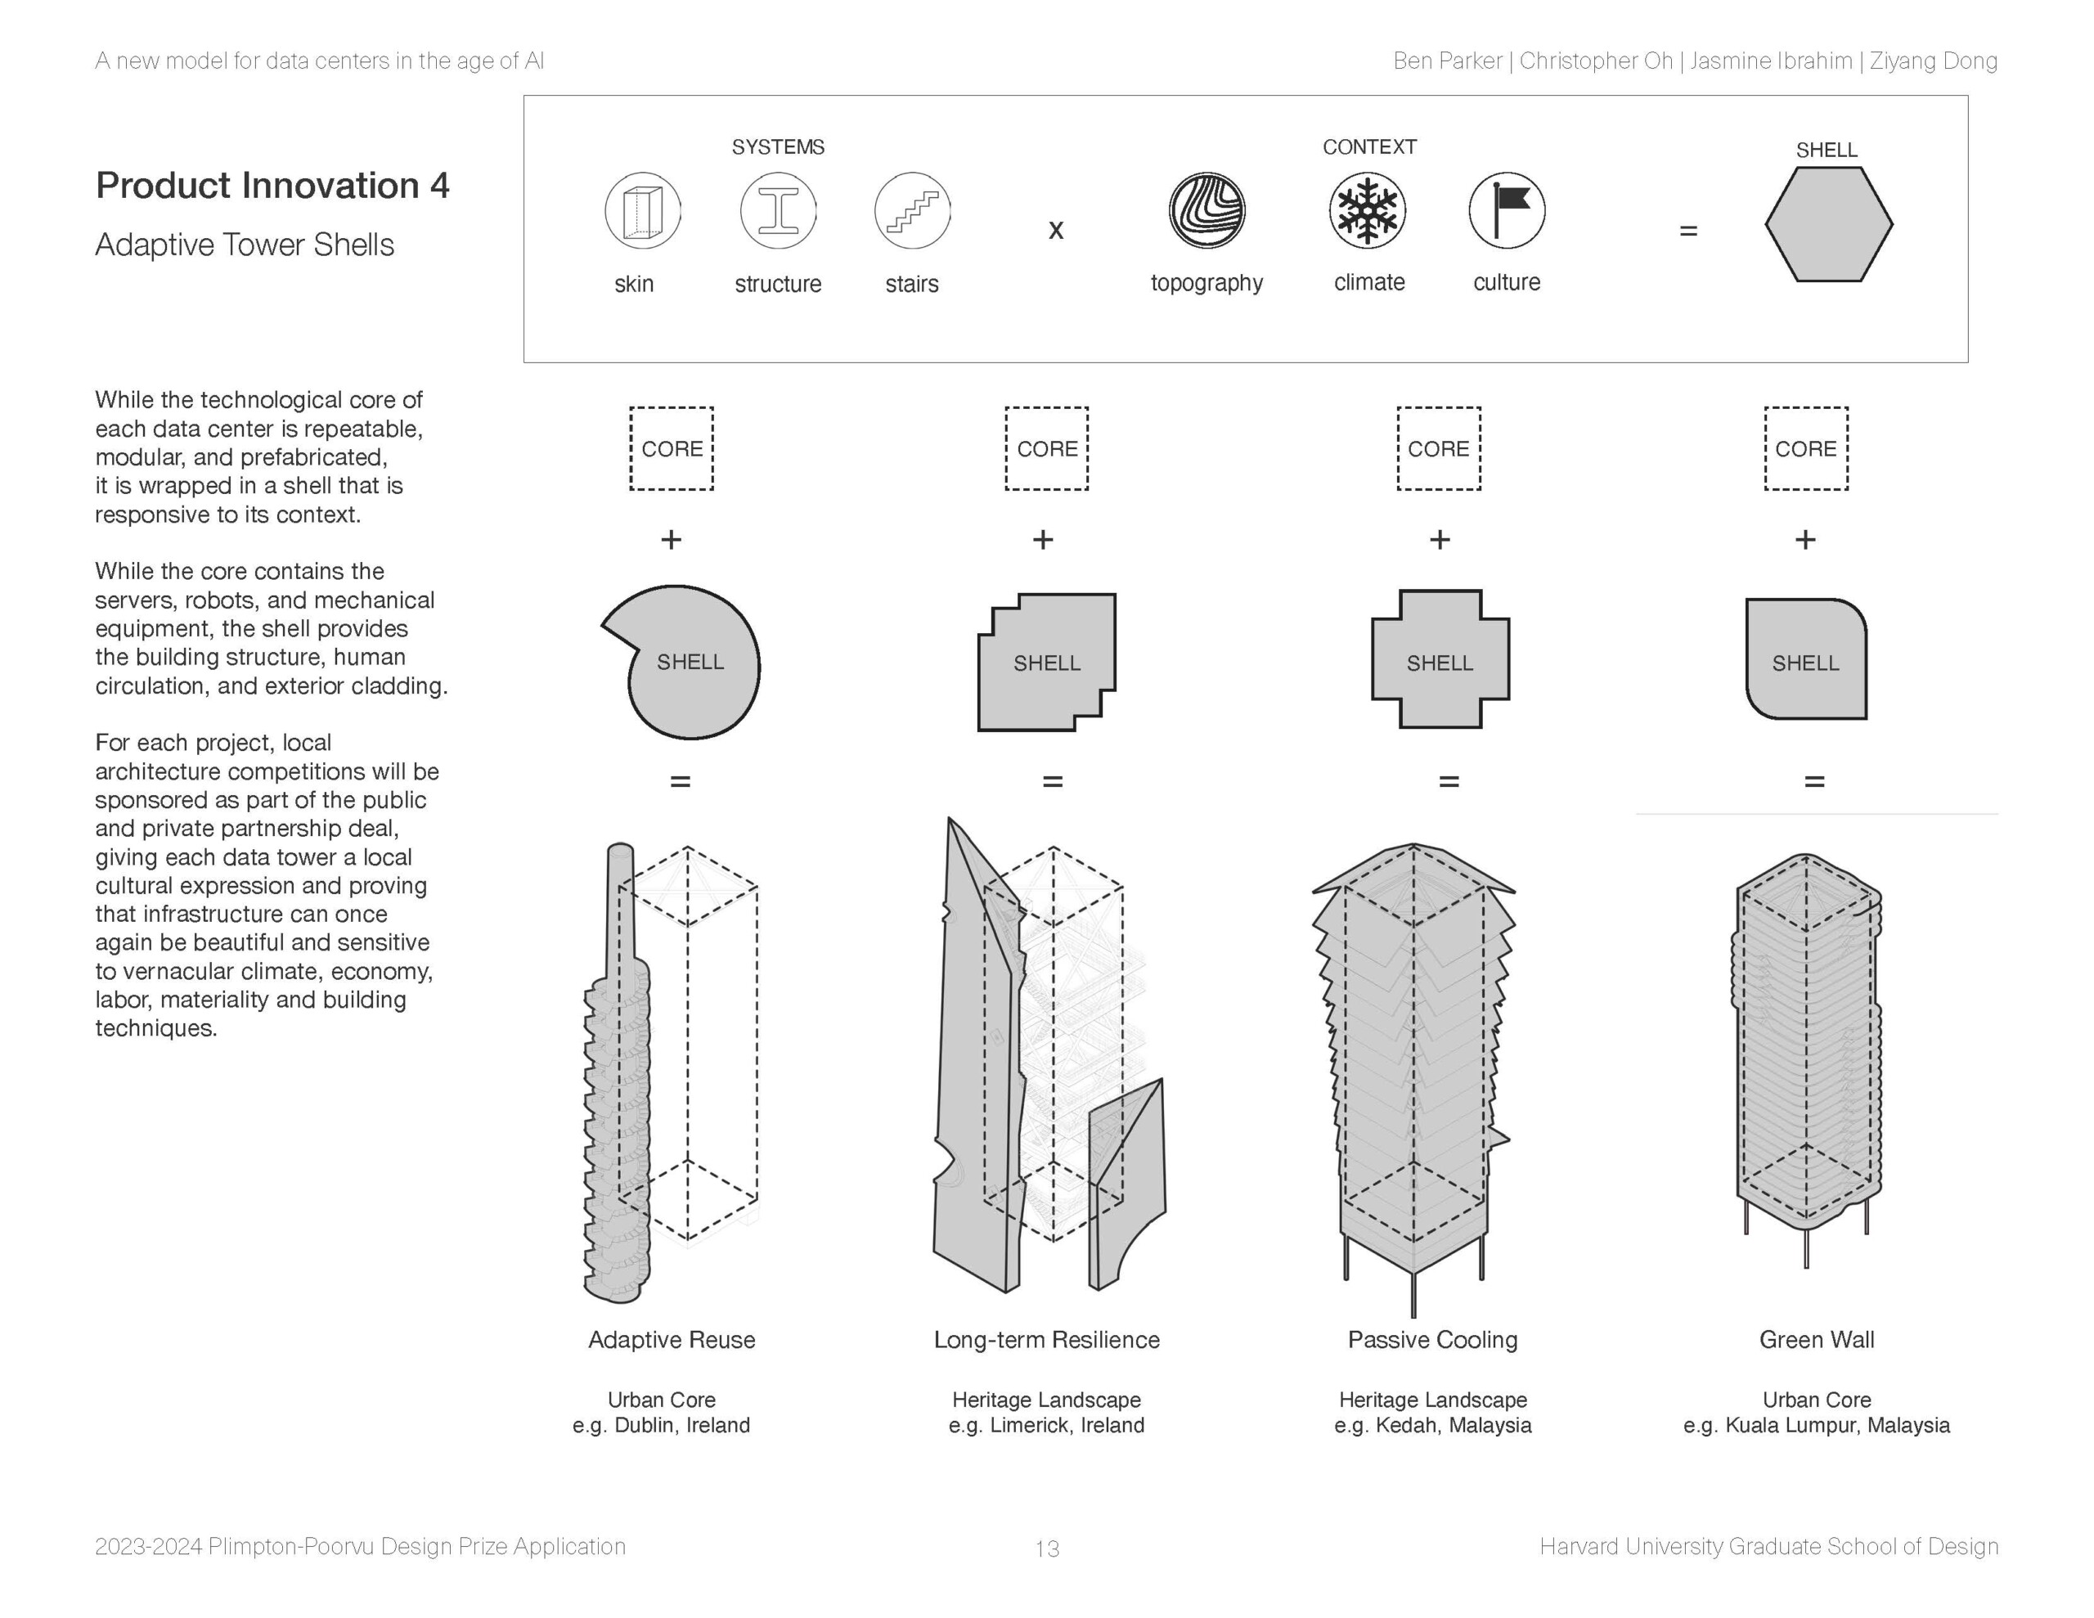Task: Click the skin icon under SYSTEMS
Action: pos(642,211)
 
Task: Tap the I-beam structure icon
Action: pos(778,211)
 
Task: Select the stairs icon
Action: pos(912,211)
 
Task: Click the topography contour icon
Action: pos(1207,210)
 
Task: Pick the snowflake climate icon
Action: pos(1368,210)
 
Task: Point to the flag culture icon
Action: pos(1506,210)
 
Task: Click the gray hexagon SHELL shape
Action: pos(1828,224)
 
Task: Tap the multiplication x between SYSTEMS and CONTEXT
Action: pos(1056,230)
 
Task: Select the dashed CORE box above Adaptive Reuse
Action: pos(672,449)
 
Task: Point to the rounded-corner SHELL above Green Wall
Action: pos(1805,660)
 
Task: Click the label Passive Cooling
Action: pos(1432,1340)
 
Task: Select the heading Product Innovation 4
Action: pos(272,185)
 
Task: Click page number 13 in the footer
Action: pos(1047,1548)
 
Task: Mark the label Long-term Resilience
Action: pos(1046,1340)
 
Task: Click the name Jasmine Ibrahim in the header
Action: pos(1770,61)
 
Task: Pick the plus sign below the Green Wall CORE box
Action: pos(1804,540)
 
